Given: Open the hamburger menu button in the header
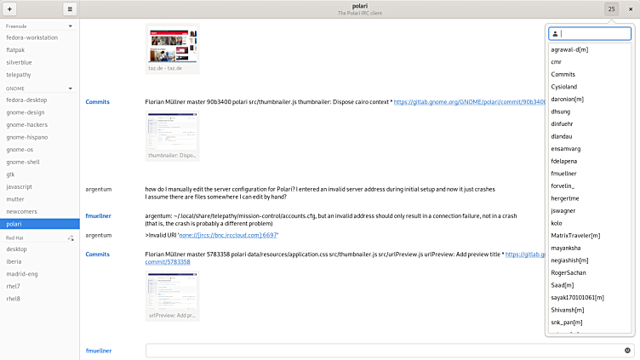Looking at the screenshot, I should (70, 9).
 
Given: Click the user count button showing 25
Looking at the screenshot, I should (612, 9).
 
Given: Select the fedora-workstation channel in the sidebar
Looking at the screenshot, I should (32, 37).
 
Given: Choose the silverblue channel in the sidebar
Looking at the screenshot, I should (20, 62).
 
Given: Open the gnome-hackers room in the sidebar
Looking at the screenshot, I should (26, 124).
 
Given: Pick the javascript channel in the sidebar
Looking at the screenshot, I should (20, 186).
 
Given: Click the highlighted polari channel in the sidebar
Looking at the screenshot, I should (14, 223).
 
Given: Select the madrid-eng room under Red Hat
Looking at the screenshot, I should (23, 273).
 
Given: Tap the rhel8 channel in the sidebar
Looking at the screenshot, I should (13, 298).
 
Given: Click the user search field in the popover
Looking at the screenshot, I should (593, 34).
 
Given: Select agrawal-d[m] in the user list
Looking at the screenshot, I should (569, 49).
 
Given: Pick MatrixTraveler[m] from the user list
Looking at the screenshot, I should (575, 235).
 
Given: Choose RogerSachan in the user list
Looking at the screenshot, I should (569, 272).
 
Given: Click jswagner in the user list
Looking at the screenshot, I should (563, 210).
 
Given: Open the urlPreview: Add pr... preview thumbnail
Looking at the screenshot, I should (172, 295).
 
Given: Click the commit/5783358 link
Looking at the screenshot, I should (168, 262).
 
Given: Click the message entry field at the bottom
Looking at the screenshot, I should (383, 350).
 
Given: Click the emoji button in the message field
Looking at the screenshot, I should (628, 350).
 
